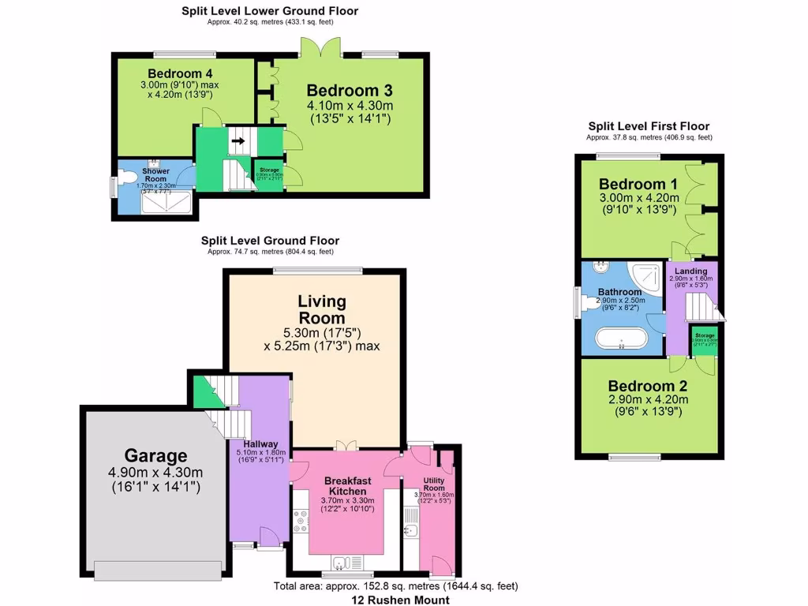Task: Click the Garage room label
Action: coord(155,455)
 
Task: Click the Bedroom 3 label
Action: coord(349,89)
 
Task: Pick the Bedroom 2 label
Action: coord(647,386)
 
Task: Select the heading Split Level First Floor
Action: coord(649,126)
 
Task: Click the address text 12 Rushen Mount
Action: coord(400,600)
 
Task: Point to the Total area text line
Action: coord(395,586)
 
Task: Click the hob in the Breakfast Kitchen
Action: coord(301,522)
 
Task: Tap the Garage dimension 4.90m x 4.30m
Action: coord(155,473)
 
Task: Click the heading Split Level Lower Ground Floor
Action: coord(269,11)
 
